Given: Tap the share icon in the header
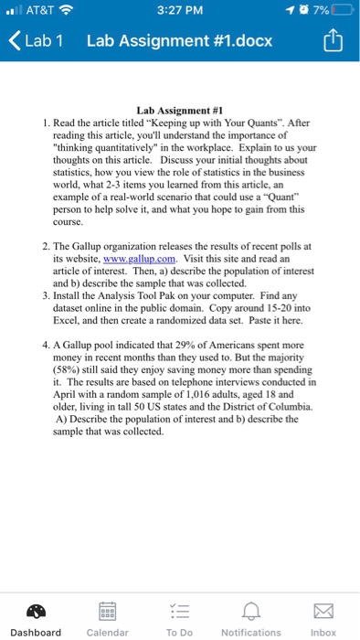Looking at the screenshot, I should pyautogui.click(x=333, y=41).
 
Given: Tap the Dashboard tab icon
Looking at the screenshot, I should pyautogui.click(x=36, y=612).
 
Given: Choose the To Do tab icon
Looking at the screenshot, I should pyautogui.click(x=179, y=612).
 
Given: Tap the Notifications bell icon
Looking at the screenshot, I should pyautogui.click(x=251, y=612).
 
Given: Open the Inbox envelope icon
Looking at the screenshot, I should pyautogui.click(x=323, y=612).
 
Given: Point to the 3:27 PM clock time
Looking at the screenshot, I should pyautogui.click(x=179, y=11).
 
